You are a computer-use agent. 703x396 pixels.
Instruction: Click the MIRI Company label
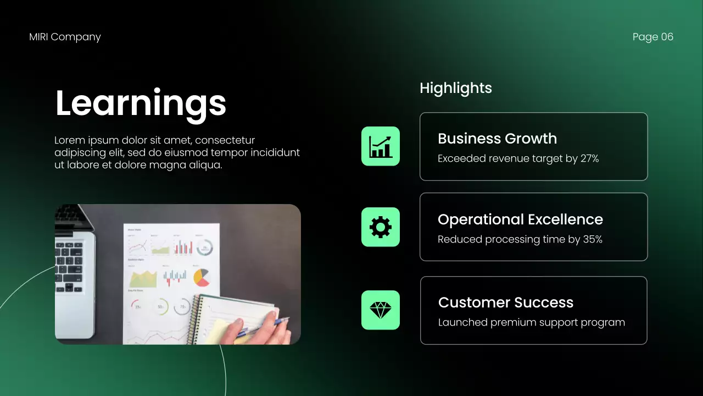(x=65, y=37)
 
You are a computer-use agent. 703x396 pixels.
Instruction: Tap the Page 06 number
(x=652, y=37)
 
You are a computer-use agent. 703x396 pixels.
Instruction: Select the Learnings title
(x=141, y=103)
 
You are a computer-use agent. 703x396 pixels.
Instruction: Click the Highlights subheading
(x=455, y=88)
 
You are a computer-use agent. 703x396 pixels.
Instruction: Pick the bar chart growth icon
(x=381, y=146)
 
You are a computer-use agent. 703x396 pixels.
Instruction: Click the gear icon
(x=381, y=227)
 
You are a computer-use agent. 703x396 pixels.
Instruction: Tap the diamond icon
(x=381, y=310)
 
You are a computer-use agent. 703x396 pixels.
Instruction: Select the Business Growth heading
(x=497, y=139)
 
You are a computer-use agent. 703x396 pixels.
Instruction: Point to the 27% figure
(x=589, y=159)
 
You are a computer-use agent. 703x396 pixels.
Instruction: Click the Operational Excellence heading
(x=520, y=219)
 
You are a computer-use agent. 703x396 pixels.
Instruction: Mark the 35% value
(x=593, y=239)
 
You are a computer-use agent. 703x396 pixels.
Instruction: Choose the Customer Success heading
(x=505, y=302)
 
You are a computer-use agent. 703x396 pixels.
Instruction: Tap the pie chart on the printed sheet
(x=202, y=277)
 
